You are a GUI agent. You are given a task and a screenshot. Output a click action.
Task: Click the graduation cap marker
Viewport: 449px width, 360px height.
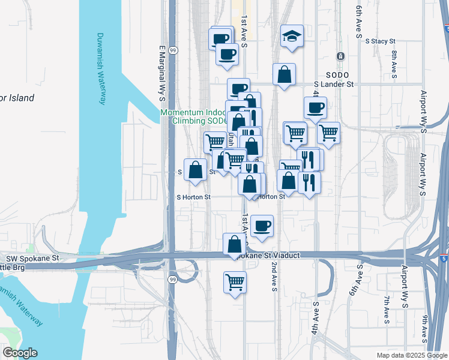click(292, 36)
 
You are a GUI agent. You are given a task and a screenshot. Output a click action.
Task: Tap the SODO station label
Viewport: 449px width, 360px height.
click(333, 75)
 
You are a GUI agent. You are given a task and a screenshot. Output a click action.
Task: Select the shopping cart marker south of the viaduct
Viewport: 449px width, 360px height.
click(235, 281)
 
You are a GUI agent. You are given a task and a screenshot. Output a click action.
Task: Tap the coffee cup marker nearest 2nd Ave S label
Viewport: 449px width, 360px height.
click(262, 226)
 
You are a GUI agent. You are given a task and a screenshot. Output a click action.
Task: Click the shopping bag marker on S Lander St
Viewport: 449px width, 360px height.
click(285, 75)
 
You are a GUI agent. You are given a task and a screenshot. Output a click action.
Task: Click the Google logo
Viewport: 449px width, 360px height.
click(20, 353)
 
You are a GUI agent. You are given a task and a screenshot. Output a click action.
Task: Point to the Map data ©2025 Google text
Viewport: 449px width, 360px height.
click(411, 355)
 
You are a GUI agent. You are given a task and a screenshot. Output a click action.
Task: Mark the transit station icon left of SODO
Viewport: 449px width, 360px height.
click(340, 57)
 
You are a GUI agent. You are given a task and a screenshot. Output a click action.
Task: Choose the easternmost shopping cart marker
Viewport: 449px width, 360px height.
click(328, 133)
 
